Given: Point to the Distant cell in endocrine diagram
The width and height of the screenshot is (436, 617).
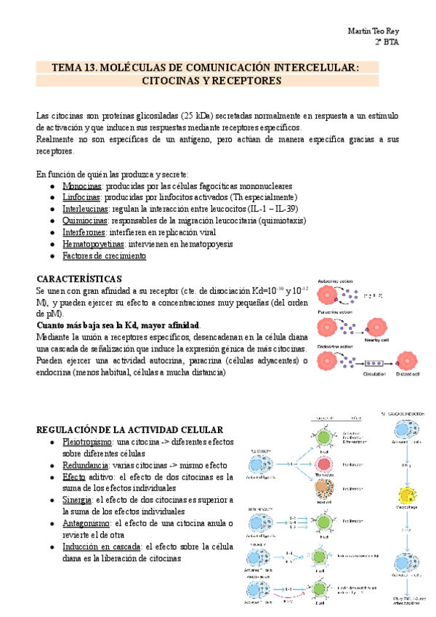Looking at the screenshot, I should click(x=406, y=359).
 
